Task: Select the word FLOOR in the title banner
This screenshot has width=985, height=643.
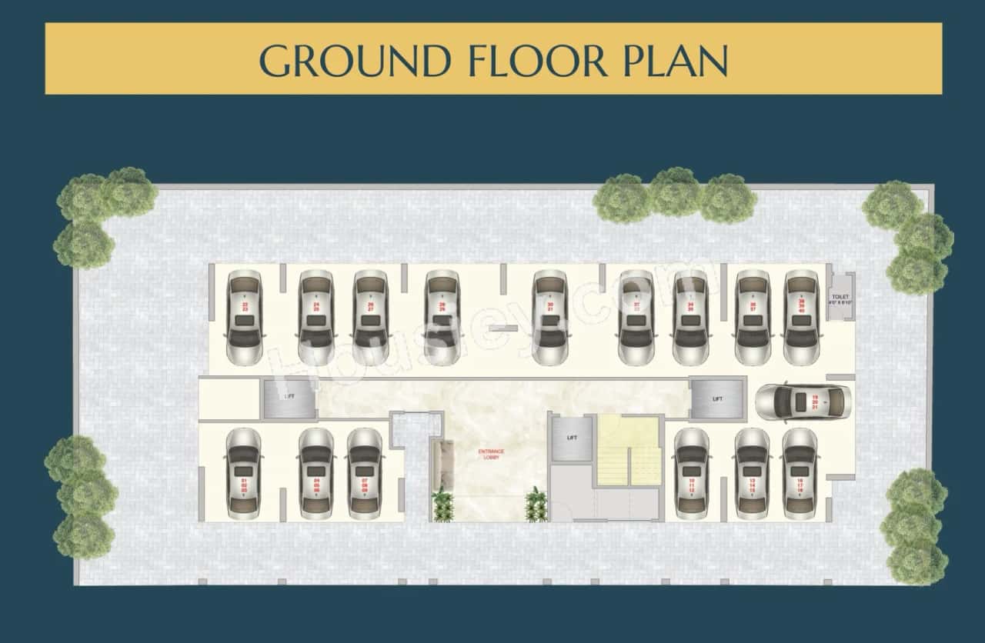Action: [x=535, y=60]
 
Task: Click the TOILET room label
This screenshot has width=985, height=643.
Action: [x=840, y=298]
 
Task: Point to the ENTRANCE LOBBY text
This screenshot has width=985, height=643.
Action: [x=490, y=454]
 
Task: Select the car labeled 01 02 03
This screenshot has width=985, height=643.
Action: [x=244, y=473]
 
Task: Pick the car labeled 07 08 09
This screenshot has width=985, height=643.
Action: [x=365, y=473]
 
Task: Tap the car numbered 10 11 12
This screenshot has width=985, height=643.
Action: [x=692, y=471]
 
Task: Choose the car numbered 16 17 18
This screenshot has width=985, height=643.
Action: [x=800, y=471]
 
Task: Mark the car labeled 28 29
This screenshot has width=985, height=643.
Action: [x=442, y=317]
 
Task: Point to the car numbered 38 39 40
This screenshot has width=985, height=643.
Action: [x=801, y=317]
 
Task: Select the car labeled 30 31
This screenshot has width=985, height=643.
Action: [x=549, y=317]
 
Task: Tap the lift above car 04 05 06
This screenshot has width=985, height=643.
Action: [x=289, y=398]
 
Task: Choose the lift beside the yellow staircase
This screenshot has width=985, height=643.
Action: [x=571, y=438]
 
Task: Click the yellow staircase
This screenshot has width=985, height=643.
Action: [x=629, y=451]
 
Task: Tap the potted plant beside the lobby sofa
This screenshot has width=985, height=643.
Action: [x=442, y=506]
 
